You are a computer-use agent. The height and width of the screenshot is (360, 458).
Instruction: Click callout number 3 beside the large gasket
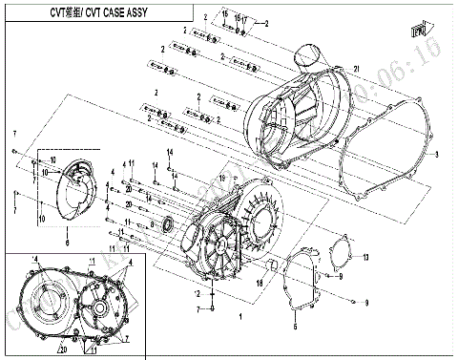[x=437, y=155]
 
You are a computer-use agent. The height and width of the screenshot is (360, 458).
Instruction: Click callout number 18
[x=259, y=285]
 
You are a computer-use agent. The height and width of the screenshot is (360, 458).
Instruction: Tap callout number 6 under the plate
[x=67, y=243]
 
